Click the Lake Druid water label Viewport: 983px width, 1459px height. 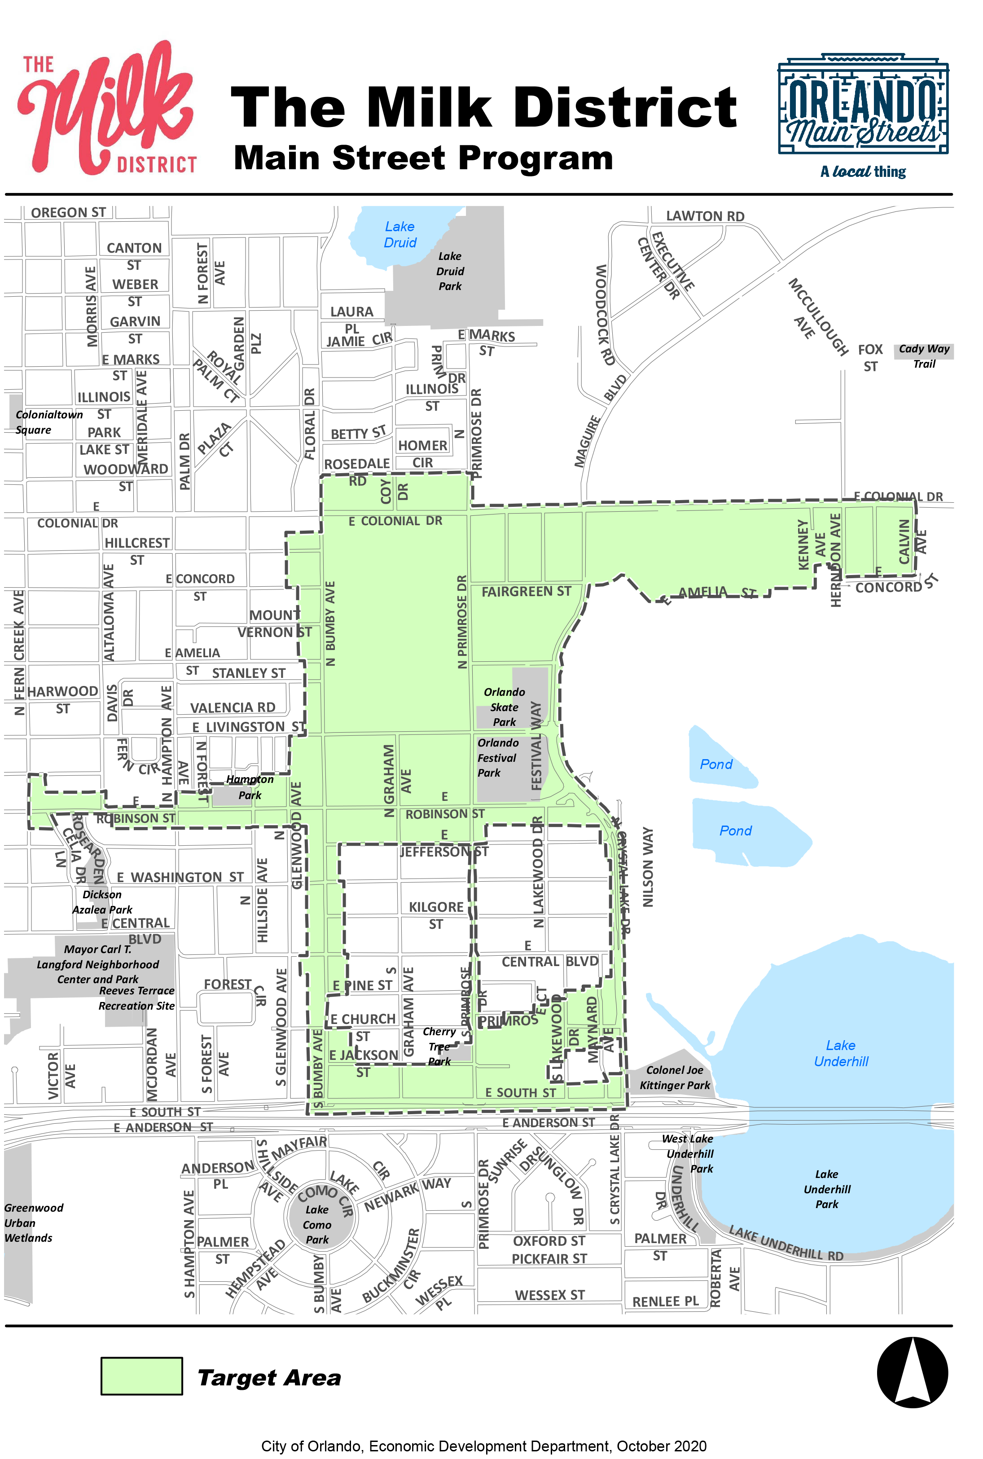click(x=400, y=234)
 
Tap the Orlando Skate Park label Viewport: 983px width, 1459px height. click(x=504, y=707)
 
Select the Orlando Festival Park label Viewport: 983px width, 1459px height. click(x=498, y=757)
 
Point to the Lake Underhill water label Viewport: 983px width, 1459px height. click(x=841, y=1053)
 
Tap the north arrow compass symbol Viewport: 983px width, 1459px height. click(x=912, y=1371)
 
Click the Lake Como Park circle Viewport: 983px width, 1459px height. click(x=317, y=1224)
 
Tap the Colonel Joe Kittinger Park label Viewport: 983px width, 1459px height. click(x=675, y=1077)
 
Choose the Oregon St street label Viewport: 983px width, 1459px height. click(x=68, y=212)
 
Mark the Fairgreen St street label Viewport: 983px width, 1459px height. click(x=526, y=591)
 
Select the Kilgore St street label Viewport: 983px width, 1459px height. click(x=436, y=915)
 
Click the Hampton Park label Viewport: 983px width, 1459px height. click(x=250, y=787)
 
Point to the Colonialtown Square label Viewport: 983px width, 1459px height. click(x=48, y=422)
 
